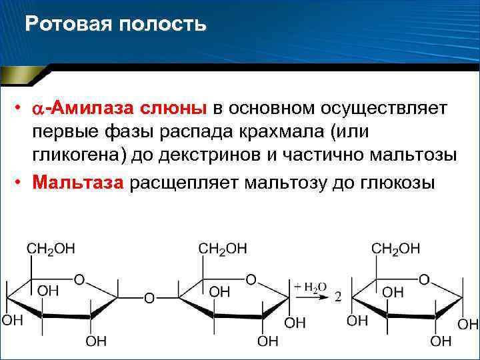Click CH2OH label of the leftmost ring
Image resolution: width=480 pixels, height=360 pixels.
pos(51,249)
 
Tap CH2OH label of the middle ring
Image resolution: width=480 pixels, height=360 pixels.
pos(223,249)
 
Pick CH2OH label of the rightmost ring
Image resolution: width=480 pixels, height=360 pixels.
pos(395,249)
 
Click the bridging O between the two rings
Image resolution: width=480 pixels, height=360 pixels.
pos(149,298)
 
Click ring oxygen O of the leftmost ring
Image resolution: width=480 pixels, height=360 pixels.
pos(79,279)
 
